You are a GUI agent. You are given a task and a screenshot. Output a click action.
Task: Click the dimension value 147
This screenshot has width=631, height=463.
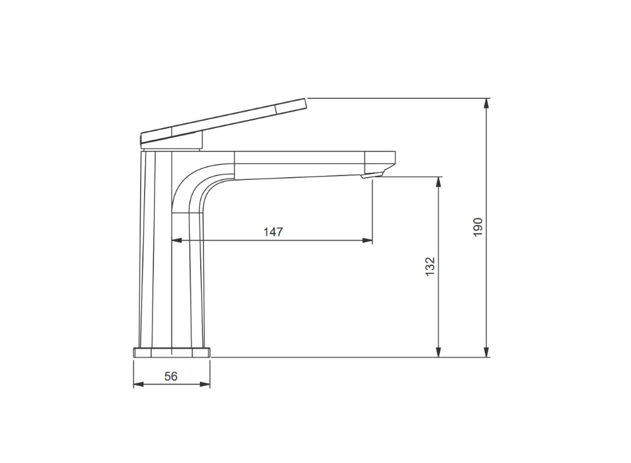pyautogui.click(x=273, y=232)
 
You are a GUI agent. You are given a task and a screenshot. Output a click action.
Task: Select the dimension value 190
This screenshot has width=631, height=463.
pyautogui.click(x=478, y=227)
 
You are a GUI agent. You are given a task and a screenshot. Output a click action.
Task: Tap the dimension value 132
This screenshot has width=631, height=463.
pyautogui.click(x=430, y=267)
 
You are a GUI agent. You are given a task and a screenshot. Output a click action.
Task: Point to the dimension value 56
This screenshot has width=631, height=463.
pyautogui.click(x=171, y=376)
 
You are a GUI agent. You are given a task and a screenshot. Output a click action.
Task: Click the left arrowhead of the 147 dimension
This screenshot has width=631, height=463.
pyautogui.click(x=177, y=240)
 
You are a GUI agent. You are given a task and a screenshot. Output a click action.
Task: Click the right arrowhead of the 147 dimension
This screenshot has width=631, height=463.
pyautogui.click(x=368, y=240)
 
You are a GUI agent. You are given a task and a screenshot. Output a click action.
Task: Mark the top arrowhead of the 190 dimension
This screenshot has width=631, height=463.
pyautogui.click(x=487, y=103)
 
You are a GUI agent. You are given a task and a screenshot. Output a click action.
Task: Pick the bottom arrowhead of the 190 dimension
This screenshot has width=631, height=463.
pyautogui.click(x=487, y=352)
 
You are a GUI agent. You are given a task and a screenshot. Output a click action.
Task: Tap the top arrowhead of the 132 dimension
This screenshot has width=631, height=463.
pyautogui.click(x=439, y=182)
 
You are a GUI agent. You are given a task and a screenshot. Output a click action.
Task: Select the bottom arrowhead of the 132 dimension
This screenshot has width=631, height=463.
pyautogui.click(x=439, y=352)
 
